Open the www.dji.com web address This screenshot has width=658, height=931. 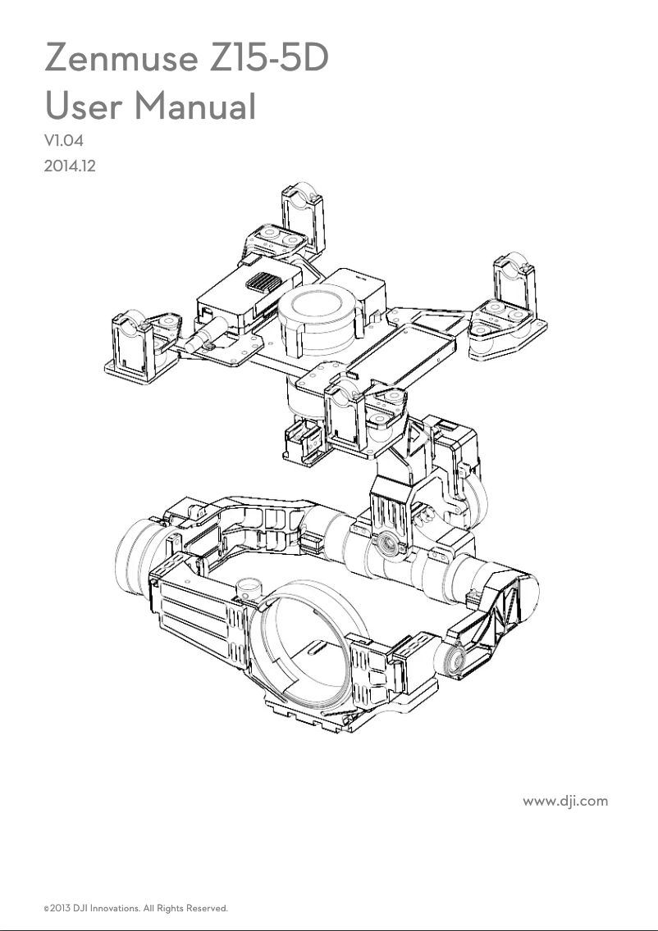[x=565, y=800]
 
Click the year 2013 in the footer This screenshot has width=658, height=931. [x=60, y=909]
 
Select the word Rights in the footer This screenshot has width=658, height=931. [x=171, y=909]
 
